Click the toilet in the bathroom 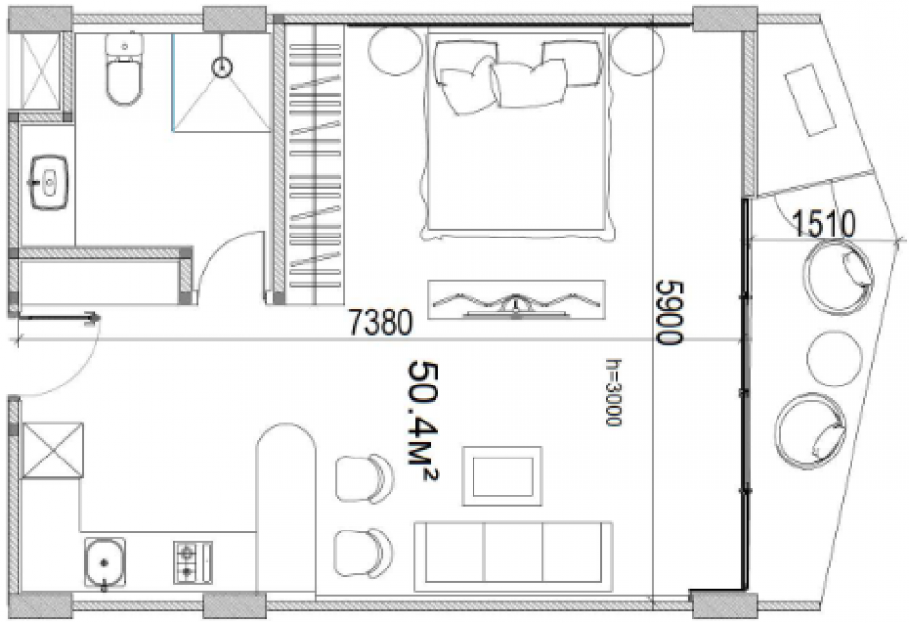[x=124, y=69]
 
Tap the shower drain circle [x=222, y=68]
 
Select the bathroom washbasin [x=50, y=182]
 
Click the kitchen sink [x=104, y=562]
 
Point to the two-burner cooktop [x=193, y=563]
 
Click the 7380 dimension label [x=380, y=322]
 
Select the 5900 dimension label [x=670, y=312]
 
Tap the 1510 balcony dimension [x=823, y=224]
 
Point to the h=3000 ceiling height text [x=614, y=392]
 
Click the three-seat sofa [x=513, y=557]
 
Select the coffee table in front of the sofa [x=502, y=476]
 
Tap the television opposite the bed [x=516, y=300]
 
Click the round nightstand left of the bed [x=397, y=51]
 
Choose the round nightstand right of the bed [x=637, y=51]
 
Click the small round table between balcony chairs [x=834, y=358]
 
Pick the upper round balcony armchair [x=838, y=278]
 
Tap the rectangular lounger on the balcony [x=811, y=100]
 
